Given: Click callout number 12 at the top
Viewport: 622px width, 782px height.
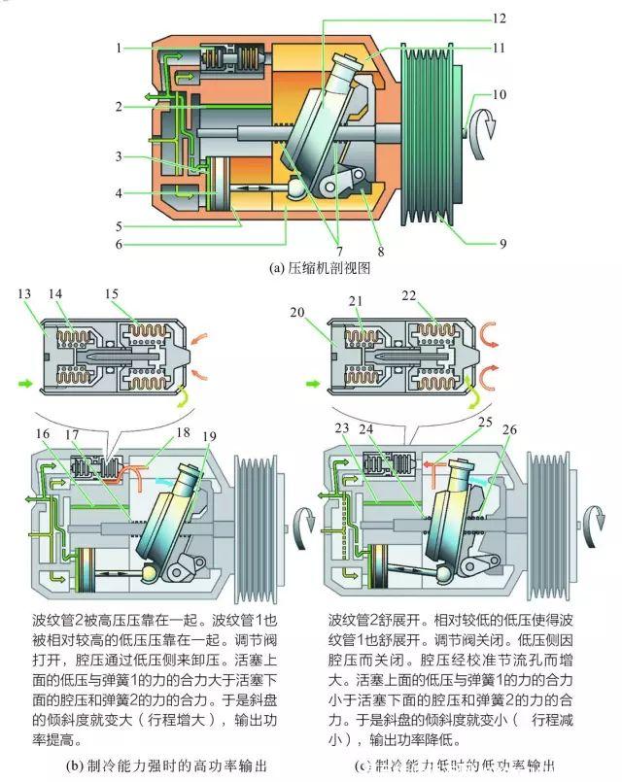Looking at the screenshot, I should point(499,18).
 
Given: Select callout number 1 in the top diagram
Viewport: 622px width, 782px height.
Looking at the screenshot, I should point(118,48).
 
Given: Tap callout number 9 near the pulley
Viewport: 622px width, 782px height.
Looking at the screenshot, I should point(502,244).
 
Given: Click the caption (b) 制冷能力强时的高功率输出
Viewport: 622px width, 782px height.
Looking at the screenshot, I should point(164,765).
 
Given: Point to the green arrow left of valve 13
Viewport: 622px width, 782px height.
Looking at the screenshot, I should point(23,386).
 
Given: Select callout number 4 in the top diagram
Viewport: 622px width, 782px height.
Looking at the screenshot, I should point(118,193).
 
